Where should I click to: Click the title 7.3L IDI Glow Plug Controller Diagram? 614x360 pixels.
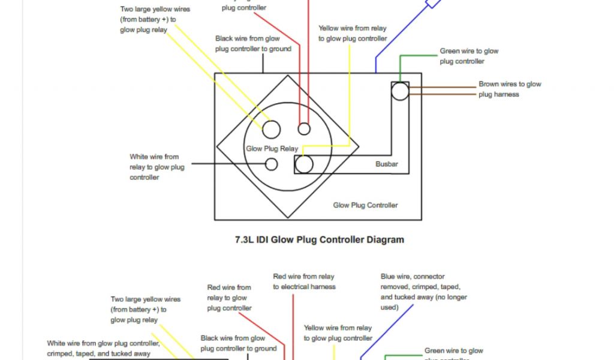[319, 239]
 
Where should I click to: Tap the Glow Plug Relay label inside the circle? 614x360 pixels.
[272, 148]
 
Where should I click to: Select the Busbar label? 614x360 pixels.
[387, 164]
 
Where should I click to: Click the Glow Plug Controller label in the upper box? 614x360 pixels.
[365, 205]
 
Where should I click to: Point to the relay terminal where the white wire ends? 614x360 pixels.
[271, 164]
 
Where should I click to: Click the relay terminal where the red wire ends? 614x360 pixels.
[304, 128]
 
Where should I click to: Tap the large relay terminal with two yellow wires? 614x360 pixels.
[271, 129]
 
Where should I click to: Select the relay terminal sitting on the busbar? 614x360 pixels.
[304, 164]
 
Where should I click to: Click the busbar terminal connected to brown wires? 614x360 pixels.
[400, 91]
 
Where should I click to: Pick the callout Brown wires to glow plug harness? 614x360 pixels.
[509, 89]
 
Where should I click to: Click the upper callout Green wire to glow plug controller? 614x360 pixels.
[469, 56]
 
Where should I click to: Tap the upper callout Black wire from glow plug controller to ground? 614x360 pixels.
[253, 44]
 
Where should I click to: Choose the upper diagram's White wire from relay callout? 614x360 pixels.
[156, 167]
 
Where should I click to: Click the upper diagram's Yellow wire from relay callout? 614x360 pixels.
[352, 34]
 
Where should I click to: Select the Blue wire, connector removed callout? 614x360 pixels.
[423, 292]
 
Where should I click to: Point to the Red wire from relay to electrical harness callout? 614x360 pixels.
[304, 282]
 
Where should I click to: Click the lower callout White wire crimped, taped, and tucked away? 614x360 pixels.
[103, 349]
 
